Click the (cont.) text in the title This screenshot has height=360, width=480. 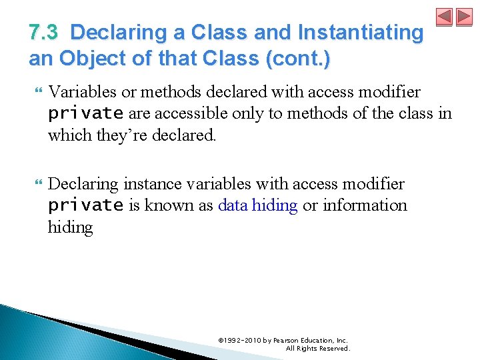tap(297, 59)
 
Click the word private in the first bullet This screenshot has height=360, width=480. tap(85, 114)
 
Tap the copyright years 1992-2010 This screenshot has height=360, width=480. tap(243, 341)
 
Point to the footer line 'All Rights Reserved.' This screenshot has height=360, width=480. tap(317, 349)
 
